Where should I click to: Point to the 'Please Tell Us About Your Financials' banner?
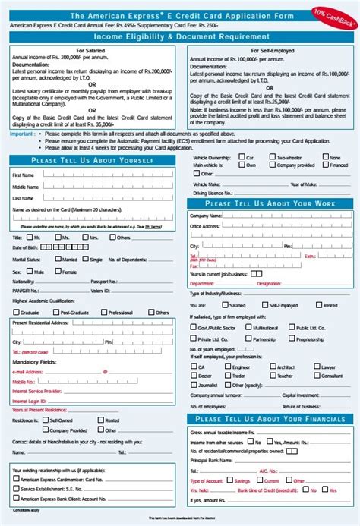coord(270,419)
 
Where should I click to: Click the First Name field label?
coord(23,175)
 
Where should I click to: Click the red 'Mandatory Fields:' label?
coord(34,362)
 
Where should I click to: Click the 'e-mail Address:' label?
coord(29,372)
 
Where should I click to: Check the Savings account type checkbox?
coord(231,481)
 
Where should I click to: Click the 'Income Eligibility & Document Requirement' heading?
coord(180,36)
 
